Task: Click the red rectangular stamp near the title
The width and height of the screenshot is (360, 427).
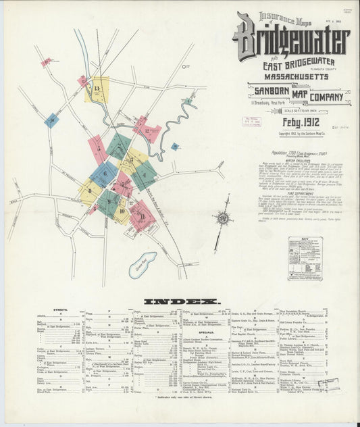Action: click(x=252, y=122)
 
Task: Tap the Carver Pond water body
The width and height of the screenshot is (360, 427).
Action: click(x=142, y=263)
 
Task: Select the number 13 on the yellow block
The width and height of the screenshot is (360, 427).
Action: click(x=98, y=89)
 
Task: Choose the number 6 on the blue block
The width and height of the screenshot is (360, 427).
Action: click(x=103, y=174)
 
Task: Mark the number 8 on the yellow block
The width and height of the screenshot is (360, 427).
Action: click(x=88, y=193)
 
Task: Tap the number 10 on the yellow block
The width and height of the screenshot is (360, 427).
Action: click(x=122, y=211)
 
